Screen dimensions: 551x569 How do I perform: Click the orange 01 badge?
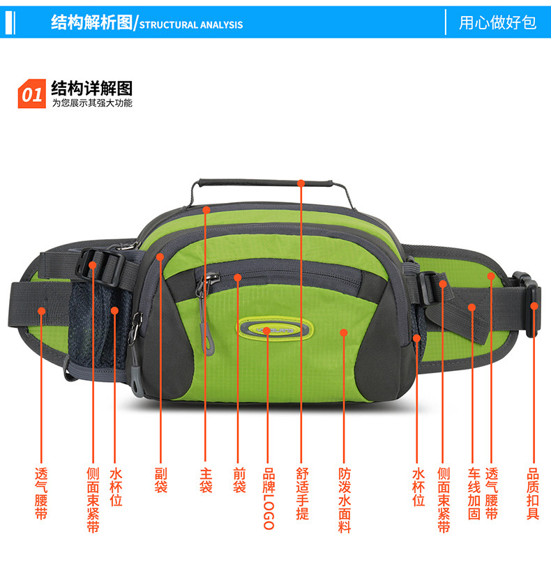pyautogui.click(x=32, y=93)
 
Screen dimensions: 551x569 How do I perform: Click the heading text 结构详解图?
pyautogui.click(x=92, y=88)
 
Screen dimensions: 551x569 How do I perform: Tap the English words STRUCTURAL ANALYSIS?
pyautogui.click(x=191, y=25)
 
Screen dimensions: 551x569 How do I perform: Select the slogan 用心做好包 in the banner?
pyautogui.click(x=497, y=22)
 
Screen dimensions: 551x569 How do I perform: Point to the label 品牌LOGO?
pyautogui.click(x=269, y=499)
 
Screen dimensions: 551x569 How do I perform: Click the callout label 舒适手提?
pyautogui.click(x=302, y=494)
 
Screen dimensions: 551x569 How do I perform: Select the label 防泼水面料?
pyautogui.click(x=345, y=500)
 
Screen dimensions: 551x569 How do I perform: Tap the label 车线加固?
pyautogui.click(x=474, y=494)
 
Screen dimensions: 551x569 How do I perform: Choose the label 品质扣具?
pyautogui.click(x=533, y=494)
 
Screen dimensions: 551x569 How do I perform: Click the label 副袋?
pyautogui.click(x=161, y=480)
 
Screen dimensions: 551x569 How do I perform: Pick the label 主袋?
pyautogui.click(x=206, y=480)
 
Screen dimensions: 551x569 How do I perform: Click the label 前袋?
pyautogui.click(x=239, y=480)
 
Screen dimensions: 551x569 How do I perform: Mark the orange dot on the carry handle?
pyautogui.click(x=301, y=183)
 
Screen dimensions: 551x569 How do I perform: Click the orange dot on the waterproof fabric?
pyautogui.click(x=344, y=333)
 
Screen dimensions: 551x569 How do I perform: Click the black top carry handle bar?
pyautogui.click(x=265, y=182)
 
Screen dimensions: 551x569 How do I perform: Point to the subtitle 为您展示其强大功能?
pyautogui.click(x=92, y=103)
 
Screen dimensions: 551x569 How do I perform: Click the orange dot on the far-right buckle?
pyautogui.click(x=534, y=306)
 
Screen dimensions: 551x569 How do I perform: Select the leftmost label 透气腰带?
pyautogui.click(x=41, y=494)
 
